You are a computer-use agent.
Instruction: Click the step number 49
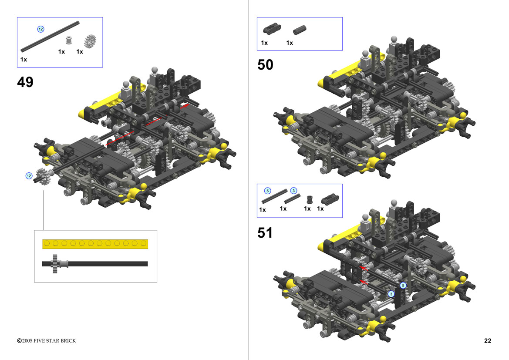pos(25,82)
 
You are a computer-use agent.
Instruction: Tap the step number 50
pos(265,64)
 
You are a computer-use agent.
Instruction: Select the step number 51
pos(265,233)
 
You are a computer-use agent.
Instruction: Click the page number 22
pos(488,340)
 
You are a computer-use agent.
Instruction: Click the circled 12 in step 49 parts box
pos(40,29)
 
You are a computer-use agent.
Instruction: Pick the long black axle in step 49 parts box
pos(50,37)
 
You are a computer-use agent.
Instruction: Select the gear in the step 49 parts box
pos(90,41)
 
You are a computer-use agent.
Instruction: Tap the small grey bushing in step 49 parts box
pos(68,40)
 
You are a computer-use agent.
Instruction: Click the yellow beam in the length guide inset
pos(95,244)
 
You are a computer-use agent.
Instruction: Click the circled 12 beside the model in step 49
pos(29,175)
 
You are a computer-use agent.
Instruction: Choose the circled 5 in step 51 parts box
pos(267,191)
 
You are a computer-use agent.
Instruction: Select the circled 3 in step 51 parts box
pos(293,191)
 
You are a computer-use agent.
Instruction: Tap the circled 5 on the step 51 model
pos(403,285)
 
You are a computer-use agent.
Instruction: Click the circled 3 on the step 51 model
pos(391,294)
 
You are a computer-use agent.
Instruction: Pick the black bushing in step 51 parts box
pos(310,199)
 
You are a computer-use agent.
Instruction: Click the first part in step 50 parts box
pos(272,28)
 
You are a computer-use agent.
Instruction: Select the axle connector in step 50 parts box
pos(299,30)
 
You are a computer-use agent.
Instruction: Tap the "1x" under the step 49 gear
pos(80,52)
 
